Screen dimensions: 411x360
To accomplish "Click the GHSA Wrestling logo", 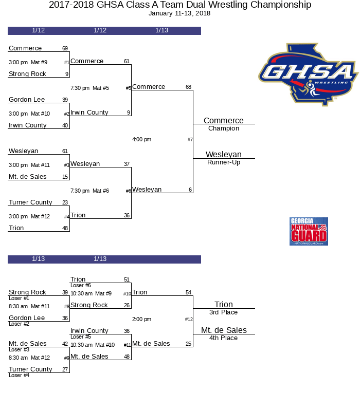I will click(x=308, y=74).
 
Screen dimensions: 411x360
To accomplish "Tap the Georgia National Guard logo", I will click(x=309, y=231).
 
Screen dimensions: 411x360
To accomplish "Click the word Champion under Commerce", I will click(x=224, y=128).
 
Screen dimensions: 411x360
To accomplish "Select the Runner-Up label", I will click(x=224, y=162).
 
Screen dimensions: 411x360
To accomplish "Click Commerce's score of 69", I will click(x=65, y=49).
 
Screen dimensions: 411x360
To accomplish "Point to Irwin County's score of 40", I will click(x=65, y=125).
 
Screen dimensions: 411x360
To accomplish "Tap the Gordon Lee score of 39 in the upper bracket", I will click(x=65, y=100).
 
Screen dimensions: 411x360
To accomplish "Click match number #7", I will click(x=190, y=140).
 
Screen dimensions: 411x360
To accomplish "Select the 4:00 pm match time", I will click(x=141, y=140).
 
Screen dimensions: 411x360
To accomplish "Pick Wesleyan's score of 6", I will click(x=190, y=190).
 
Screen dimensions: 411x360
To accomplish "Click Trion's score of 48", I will click(x=65, y=228).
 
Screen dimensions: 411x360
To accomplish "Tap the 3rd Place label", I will click(x=224, y=312).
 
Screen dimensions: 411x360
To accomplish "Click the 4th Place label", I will click(x=224, y=338).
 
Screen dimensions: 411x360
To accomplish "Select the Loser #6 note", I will click(x=81, y=285).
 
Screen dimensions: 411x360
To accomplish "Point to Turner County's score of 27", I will click(x=65, y=369).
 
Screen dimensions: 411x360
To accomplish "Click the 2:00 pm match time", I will click(x=141, y=320).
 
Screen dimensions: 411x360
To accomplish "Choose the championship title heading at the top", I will click(x=180, y=5).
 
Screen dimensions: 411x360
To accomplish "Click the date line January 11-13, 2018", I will click(x=179, y=13).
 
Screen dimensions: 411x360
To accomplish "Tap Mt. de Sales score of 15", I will click(x=65, y=177).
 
